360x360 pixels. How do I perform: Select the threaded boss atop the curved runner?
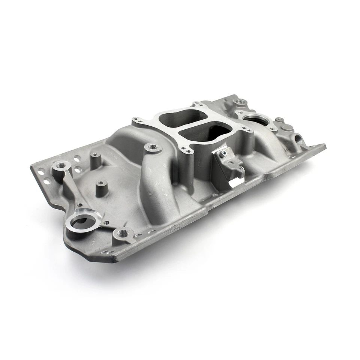[x=153, y=147]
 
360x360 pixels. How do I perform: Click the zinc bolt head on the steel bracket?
[x=224, y=152]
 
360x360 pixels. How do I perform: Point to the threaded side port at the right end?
[x=299, y=139]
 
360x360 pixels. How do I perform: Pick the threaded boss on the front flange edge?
[x=123, y=233]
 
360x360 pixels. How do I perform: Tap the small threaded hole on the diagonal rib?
[x=80, y=205]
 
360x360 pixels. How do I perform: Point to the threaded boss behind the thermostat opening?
[x=239, y=102]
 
